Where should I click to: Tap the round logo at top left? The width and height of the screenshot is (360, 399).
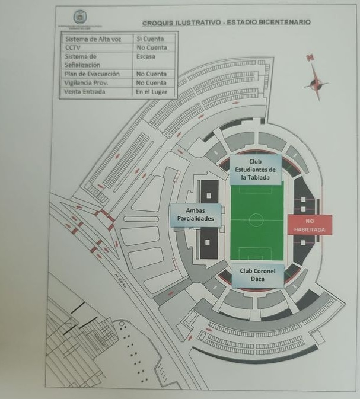click(79, 17)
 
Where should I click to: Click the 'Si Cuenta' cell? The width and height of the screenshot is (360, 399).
click(154, 39)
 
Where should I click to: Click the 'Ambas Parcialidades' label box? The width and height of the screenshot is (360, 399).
click(196, 214)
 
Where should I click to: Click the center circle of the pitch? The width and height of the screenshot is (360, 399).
click(256, 220)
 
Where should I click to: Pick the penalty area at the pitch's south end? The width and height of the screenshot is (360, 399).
click(256, 254)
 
